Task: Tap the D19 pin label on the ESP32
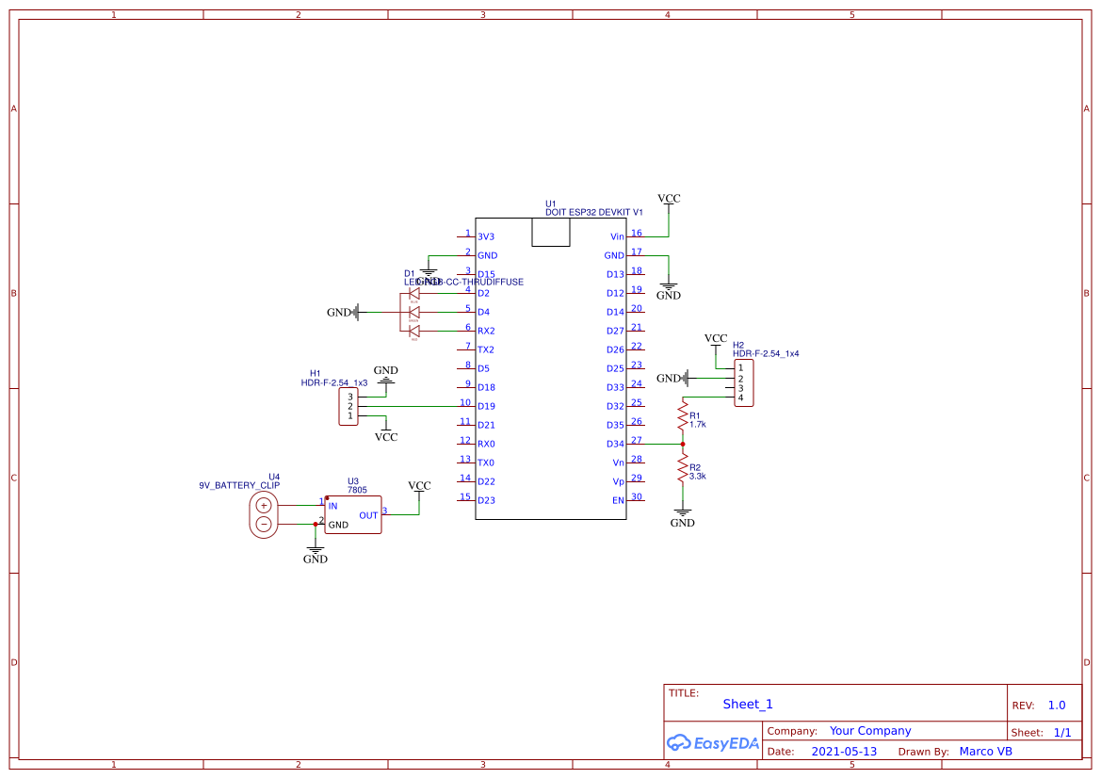[486, 406]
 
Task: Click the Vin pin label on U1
[617, 236]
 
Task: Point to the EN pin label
[618, 500]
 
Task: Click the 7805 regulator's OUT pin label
[368, 515]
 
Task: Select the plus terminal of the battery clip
[264, 506]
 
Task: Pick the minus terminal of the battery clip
[264, 524]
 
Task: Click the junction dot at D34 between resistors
[682, 444]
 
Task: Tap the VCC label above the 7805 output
[419, 486]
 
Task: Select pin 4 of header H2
[741, 398]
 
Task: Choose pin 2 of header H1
[350, 406]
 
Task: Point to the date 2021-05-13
[844, 752]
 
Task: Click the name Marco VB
[985, 752]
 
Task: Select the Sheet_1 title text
[748, 704]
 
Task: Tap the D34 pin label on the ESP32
[614, 444]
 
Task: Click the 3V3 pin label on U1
[486, 236]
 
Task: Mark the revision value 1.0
[1057, 705]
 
